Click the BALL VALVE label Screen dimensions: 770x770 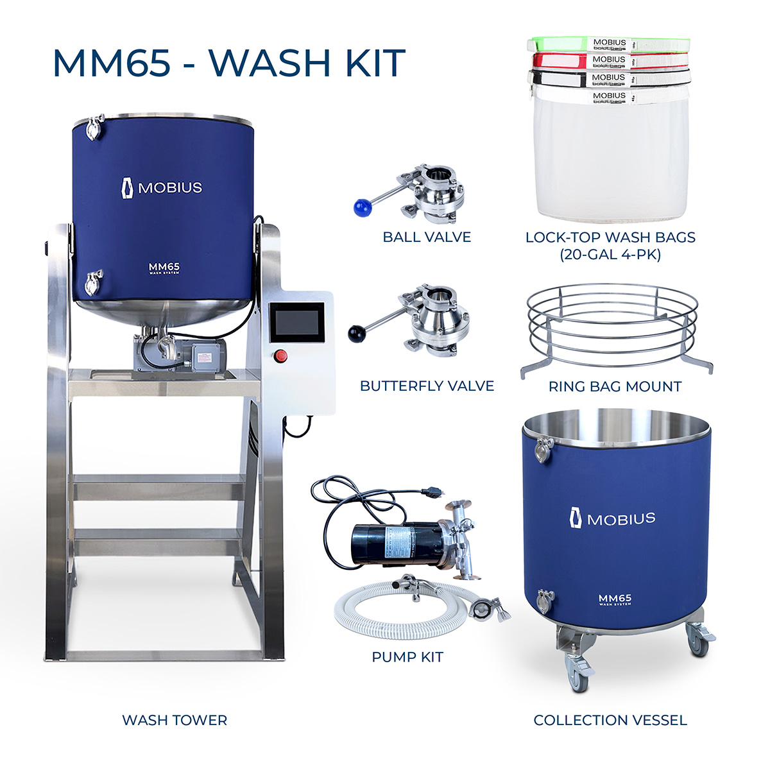[x=427, y=237]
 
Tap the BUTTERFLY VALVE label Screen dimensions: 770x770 [x=427, y=386]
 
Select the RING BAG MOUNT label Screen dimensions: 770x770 [x=615, y=387]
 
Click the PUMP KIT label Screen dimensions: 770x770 [x=407, y=657]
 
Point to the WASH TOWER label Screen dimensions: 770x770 [x=175, y=721]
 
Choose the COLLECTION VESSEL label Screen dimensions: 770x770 [x=610, y=721]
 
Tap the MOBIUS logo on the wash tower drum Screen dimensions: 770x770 [x=162, y=188]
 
